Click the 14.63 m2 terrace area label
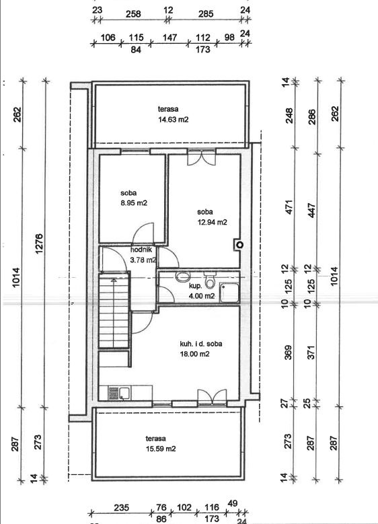coord(173,119)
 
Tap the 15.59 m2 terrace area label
coord(161,449)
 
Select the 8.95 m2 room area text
coord(134,203)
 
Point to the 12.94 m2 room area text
coord(212,222)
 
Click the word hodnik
coord(141,250)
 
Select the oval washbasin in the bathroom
coord(182,276)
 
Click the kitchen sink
coord(120,393)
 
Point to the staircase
coord(114,311)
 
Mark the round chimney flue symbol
coord(239,245)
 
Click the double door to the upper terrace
coord(201,157)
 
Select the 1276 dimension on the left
coord(39,244)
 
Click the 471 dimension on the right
coord(289,207)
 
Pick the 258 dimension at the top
coord(133,14)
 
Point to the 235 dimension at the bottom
coord(121,508)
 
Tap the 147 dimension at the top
coord(169,37)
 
